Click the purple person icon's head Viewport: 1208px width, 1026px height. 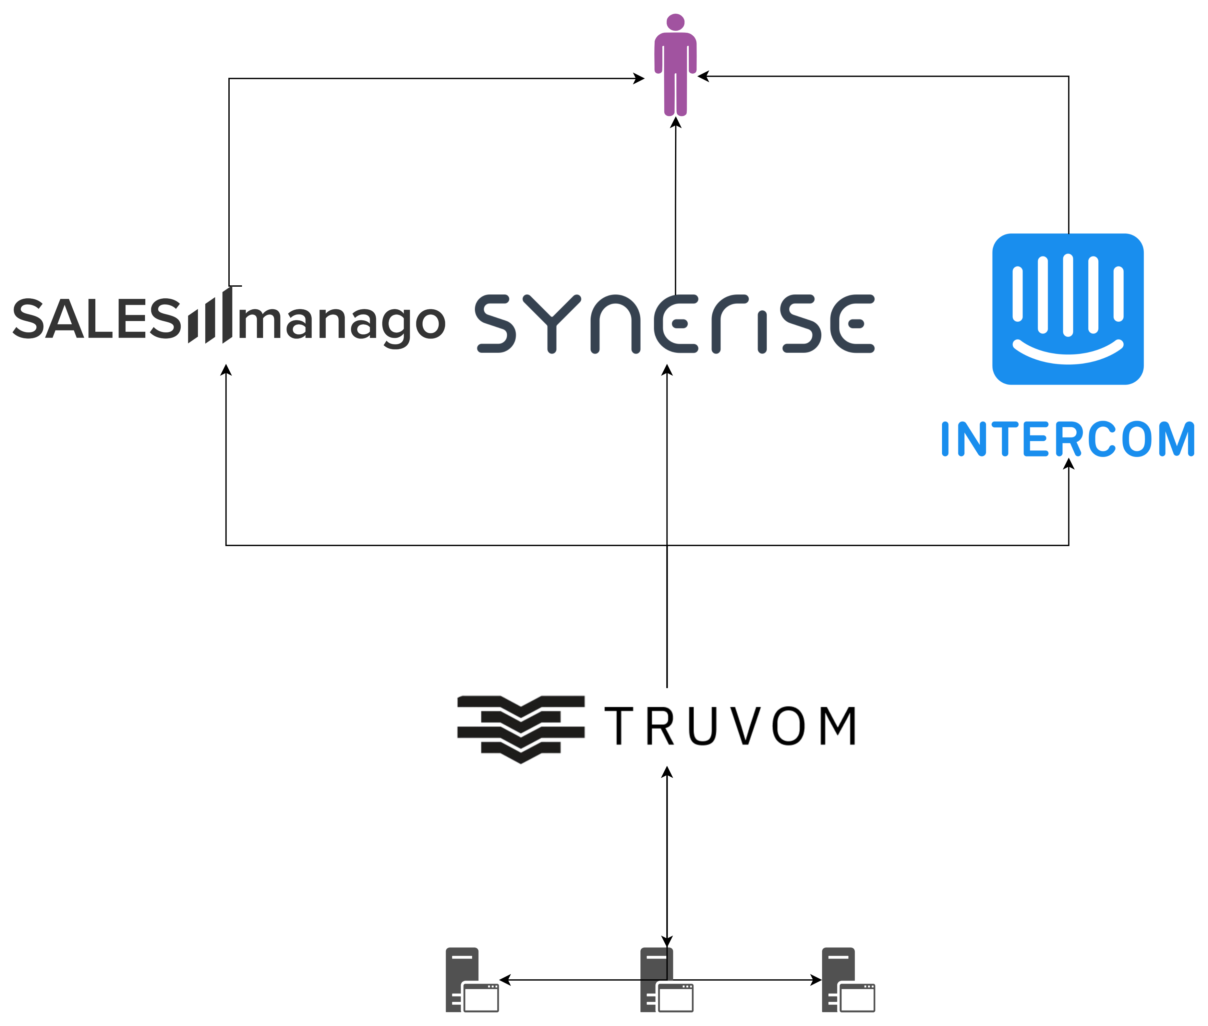pos(675,22)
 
